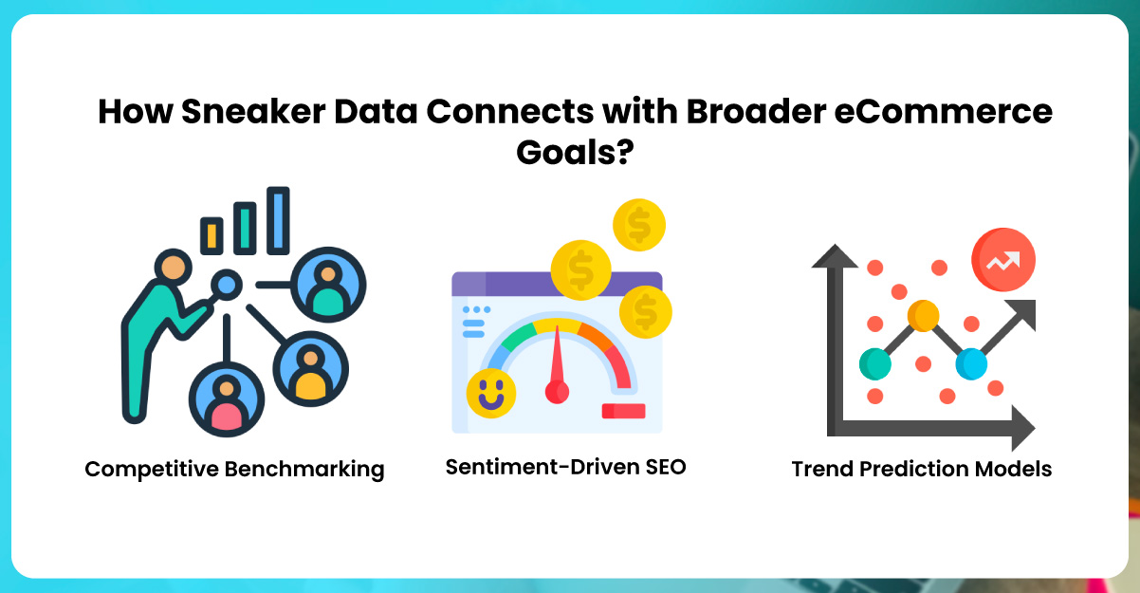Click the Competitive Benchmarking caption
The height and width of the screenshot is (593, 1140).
point(234,469)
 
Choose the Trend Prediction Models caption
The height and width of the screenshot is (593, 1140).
point(922,469)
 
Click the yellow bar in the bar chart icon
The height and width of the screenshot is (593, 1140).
point(211,234)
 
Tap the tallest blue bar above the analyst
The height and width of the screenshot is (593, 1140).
point(277,220)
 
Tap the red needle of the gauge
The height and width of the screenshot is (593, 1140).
point(557,365)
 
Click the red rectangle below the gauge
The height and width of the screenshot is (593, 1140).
point(623,411)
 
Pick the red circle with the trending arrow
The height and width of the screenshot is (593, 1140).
point(1002,259)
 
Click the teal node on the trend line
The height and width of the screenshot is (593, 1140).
point(875,362)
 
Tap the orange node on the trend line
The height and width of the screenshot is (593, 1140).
point(922,315)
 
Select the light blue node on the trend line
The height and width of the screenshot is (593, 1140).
point(971,362)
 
